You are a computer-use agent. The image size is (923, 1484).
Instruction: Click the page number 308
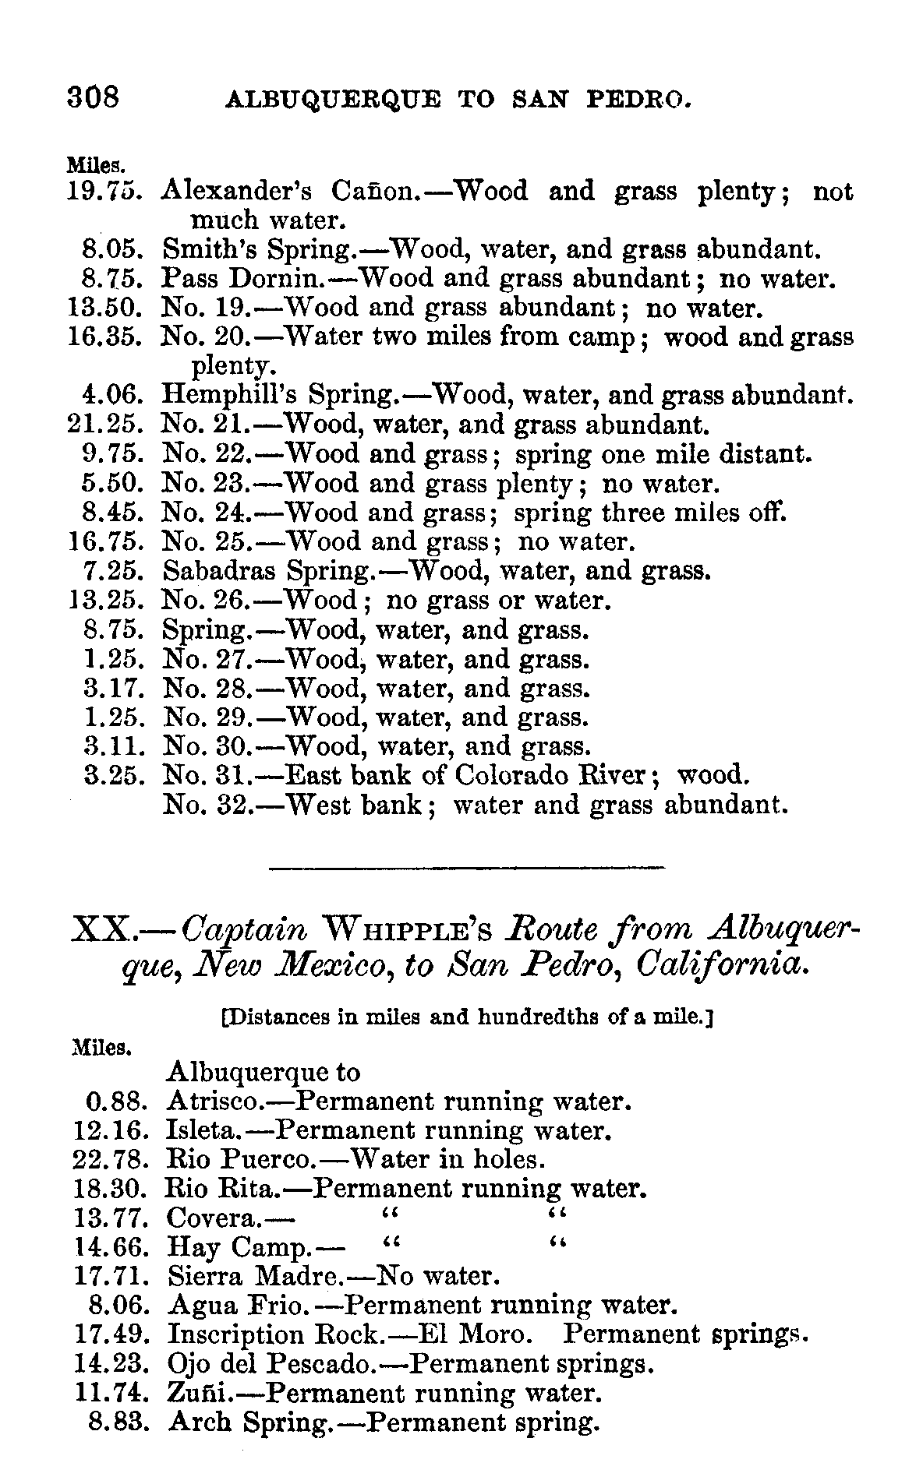94,97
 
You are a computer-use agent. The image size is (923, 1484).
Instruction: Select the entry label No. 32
203,805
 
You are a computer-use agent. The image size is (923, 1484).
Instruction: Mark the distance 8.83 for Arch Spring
118,1423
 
